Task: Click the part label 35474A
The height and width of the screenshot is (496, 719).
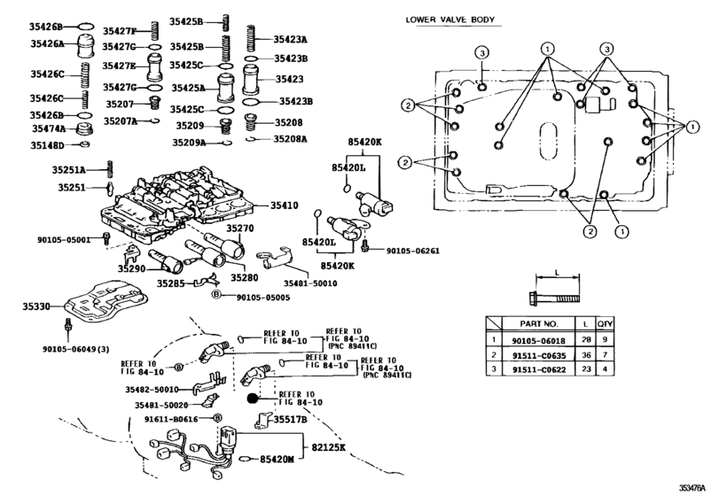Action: pos(50,128)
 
